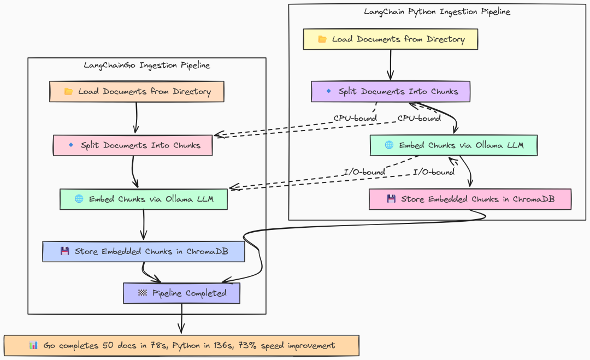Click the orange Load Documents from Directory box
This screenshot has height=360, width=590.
[x=137, y=92]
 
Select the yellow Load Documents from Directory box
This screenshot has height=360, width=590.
[x=391, y=39]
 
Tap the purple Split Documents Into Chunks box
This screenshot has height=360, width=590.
[x=391, y=91]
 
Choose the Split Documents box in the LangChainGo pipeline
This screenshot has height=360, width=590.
[x=133, y=145]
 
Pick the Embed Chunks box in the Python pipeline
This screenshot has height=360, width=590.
[x=453, y=145]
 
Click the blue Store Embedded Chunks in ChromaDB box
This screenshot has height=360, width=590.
[x=144, y=252]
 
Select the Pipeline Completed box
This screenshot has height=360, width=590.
[x=181, y=293]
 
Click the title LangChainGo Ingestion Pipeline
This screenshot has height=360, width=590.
[x=146, y=66]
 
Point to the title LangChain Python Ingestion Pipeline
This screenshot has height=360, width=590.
[x=437, y=11]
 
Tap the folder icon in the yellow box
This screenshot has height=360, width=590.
[x=322, y=39]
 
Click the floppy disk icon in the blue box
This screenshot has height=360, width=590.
[x=65, y=252]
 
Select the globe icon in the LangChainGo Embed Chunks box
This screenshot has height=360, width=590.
[x=79, y=199]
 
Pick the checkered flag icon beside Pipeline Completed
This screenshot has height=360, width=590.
[x=143, y=293]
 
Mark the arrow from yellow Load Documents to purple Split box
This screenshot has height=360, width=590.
[x=391, y=65]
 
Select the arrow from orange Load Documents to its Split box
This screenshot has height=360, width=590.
[x=136, y=118]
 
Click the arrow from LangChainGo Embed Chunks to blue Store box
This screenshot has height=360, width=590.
[x=144, y=225]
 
